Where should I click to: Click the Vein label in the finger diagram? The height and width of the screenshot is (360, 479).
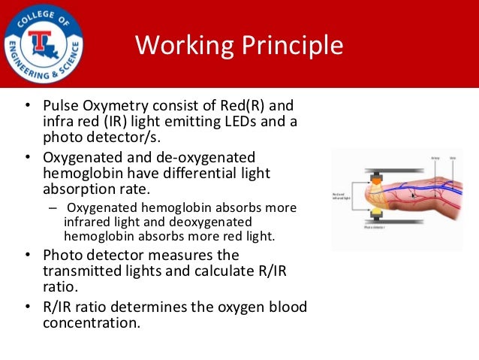453,158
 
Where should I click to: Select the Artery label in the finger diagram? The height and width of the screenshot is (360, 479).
435,158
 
